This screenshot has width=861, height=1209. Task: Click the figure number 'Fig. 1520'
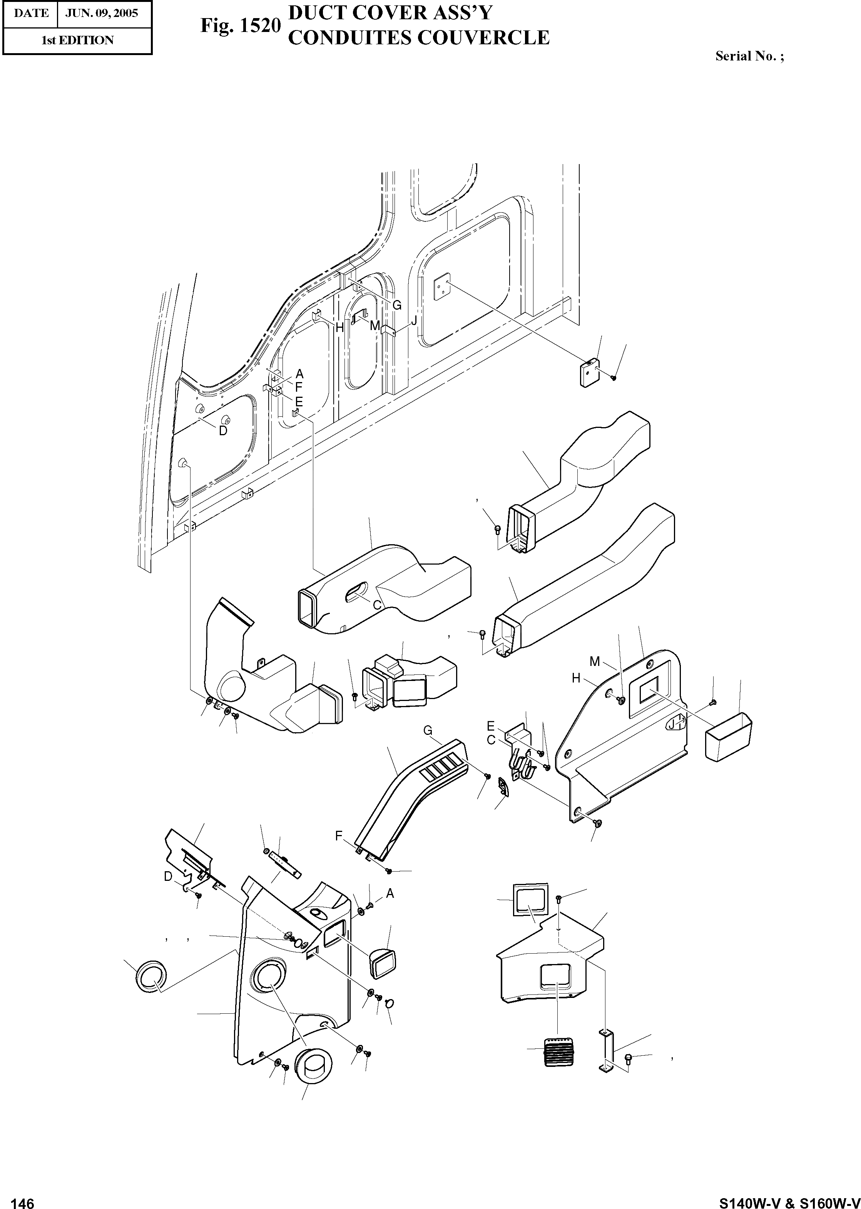point(240,26)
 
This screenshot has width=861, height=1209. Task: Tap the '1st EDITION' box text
point(77,40)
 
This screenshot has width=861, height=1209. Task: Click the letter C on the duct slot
point(378,605)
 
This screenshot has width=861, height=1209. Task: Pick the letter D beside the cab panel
point(223,431)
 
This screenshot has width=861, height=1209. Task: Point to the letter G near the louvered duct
point(427,731)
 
